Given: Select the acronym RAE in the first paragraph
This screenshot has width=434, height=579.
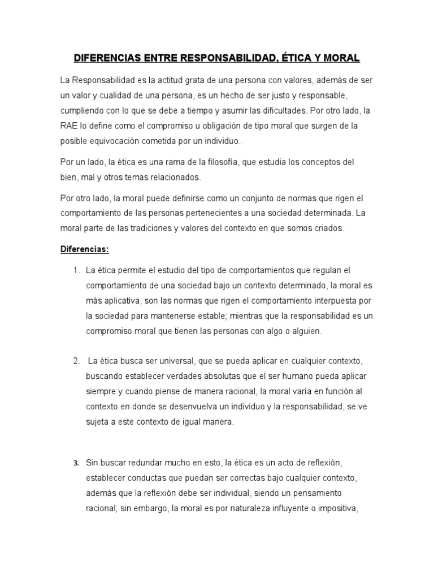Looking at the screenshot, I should pyautogui.click(x=68, y=125).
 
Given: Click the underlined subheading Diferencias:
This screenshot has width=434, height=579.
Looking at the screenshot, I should pyautogui.click(x=85, y=250).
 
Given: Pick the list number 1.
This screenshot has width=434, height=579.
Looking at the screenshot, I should pyautogui.click(x=76, y=271).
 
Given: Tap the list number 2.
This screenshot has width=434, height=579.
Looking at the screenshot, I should pyautogui.click(x=76, y=361).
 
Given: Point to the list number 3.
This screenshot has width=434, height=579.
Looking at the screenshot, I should pyautogui.click(x=76, y=464).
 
